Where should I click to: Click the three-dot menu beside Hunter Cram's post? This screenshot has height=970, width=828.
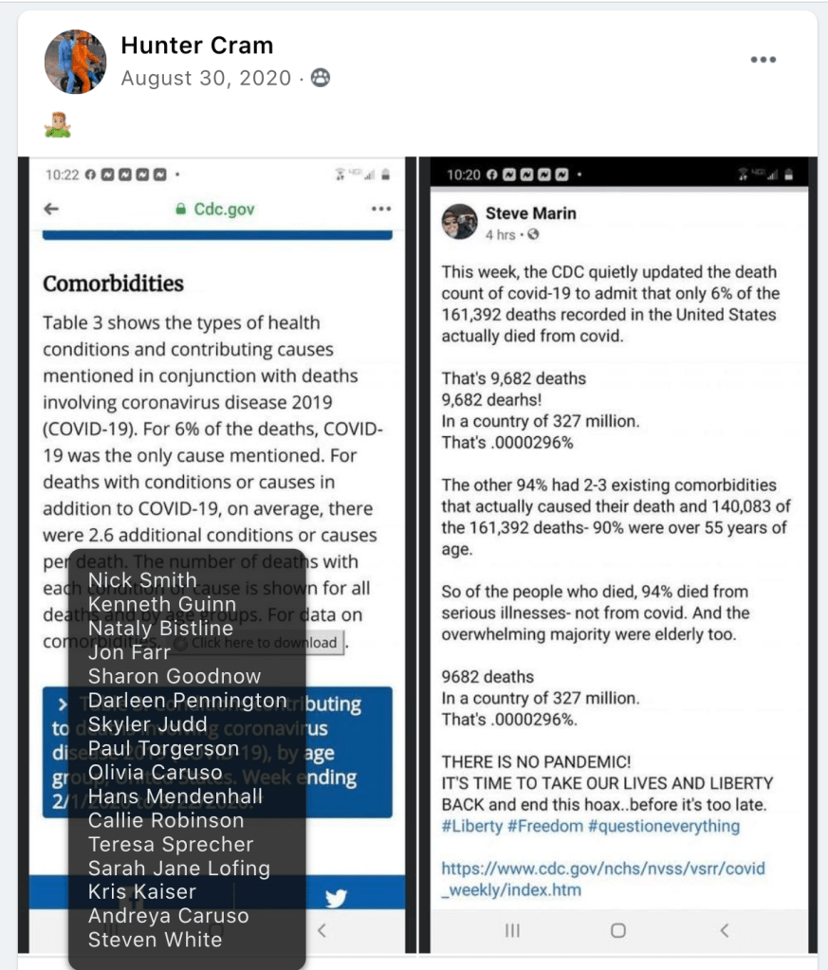click(x=763, y=60)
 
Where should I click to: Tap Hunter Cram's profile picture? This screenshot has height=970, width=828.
click(x=75, y=62)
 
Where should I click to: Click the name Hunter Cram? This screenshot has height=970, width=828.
click(x=197, y=46)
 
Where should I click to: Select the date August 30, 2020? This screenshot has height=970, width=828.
click(x=206, y=79)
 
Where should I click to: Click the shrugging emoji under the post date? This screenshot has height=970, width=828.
click(x=58, y=124)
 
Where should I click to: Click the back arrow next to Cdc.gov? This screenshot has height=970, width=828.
click(x=51, y=210)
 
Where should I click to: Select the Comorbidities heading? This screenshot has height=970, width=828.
click(x=113, y=284)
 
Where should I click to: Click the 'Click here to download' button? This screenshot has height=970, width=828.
click(x=258, y=643)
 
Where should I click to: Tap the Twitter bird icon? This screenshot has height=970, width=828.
click(x=334, y=899)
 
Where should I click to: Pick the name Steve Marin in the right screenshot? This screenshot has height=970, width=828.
click(x=530, y=213)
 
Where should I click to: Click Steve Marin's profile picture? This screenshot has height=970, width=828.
click(x=459, y=222)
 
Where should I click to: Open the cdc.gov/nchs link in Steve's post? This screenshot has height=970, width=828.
click(x=603, y=879)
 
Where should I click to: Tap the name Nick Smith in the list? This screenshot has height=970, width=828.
click(x=142, y=580)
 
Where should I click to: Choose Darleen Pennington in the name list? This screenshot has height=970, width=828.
click(x=187, y=701)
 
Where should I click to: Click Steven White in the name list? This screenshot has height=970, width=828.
click(x=155, y=940)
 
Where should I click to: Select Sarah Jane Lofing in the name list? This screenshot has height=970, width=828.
click(x=179, y=869)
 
